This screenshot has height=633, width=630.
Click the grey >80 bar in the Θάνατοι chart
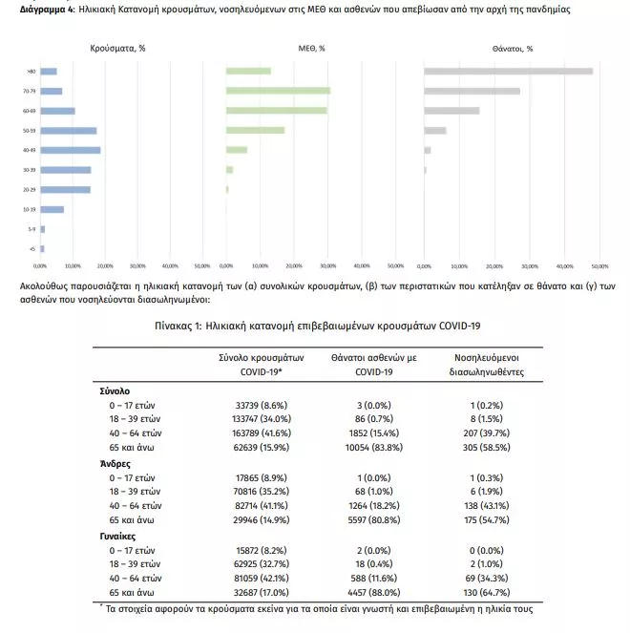508,71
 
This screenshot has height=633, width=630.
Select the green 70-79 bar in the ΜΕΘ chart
278,91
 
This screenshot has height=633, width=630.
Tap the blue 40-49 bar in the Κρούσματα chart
70,150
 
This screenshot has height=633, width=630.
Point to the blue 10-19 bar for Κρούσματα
52,209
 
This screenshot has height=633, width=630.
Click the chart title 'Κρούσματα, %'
117,48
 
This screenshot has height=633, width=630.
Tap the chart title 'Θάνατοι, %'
513,48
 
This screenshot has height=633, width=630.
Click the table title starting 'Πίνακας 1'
315,327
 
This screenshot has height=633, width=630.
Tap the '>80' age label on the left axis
31,72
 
